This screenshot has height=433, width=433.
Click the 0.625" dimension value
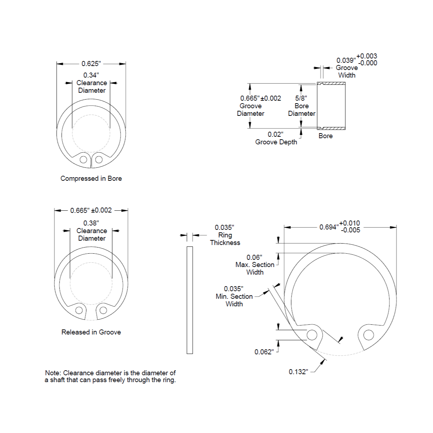pos(91,64)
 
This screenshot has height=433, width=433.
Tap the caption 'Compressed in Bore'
pos(91,178)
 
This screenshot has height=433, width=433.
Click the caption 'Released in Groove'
pos(91,332)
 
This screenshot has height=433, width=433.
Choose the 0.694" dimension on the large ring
pos(328,227)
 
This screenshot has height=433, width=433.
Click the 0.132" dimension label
pos(298,372)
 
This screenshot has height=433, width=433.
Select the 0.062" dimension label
pos(264,352)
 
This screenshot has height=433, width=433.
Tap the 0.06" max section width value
pos(254,257)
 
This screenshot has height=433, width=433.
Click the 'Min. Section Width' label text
pos(234,300)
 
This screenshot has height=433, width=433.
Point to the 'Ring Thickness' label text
pos(225,239)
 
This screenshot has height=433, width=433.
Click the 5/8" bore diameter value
pos(301,98)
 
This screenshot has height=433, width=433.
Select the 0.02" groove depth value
pos(275,134)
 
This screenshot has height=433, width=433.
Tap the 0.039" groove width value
pos(346,60)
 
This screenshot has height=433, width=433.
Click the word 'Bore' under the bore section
pos(325,136)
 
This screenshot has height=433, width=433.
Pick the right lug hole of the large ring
pos(368,335)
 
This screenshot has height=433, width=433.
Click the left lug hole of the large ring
pos(312,335)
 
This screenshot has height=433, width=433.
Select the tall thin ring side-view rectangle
pos(190,300)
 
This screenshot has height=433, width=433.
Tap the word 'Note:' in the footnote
pos(53,373)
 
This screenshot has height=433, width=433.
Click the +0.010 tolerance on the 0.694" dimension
pos(350,223)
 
